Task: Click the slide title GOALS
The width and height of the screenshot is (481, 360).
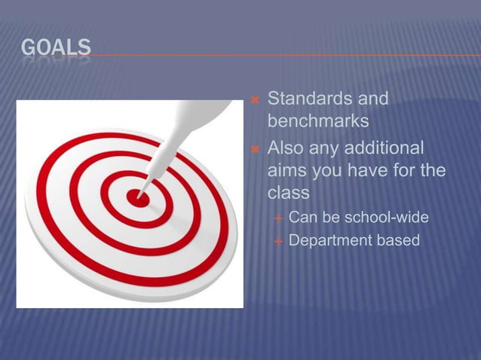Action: coord(56,49)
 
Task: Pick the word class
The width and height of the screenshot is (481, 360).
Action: coord(289,194)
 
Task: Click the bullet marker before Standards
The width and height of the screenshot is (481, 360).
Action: coord(254,99)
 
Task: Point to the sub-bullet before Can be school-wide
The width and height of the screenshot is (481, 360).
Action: coord(278,218)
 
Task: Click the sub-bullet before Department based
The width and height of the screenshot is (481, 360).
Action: coord(278,242)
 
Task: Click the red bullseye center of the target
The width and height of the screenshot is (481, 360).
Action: coord(136,197)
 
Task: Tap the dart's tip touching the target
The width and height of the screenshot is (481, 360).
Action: coord(141,195)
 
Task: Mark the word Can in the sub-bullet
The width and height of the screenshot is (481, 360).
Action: coord(302,218)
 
